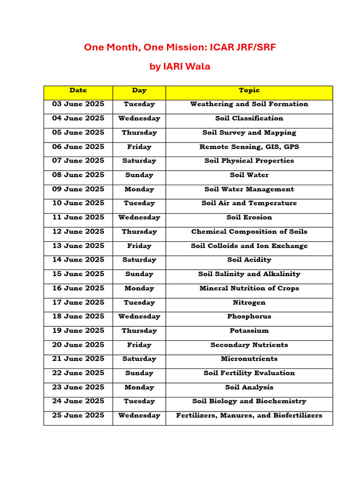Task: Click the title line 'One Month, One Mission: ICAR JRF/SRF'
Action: coord(180,47)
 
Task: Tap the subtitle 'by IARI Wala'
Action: coord(180,67)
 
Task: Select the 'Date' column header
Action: coord(78,90)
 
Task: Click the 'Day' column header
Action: coord(139,90)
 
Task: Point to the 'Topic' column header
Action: coord(249,90)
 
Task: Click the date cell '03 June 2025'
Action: coord(78,104)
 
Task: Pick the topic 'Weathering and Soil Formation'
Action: coord(249,104)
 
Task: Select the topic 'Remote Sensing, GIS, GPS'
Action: coord(249,147)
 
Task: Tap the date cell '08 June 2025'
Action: coord(78,175)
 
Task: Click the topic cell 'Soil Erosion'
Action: coord(249,217)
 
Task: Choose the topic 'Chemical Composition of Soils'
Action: coord(249,232)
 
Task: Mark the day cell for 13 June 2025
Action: coord(139,246)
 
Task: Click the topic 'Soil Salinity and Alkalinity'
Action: coord(249,274)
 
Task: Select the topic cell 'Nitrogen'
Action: coord(249,303)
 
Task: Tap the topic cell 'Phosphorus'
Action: coord(249,316)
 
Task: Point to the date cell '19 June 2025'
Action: coord(78,330)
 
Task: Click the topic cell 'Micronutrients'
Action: coord(249,359)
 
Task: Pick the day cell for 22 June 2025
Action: coord(139,373)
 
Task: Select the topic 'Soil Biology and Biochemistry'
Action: coord(249,401)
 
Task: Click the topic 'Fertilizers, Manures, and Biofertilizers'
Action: coord(249,416)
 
